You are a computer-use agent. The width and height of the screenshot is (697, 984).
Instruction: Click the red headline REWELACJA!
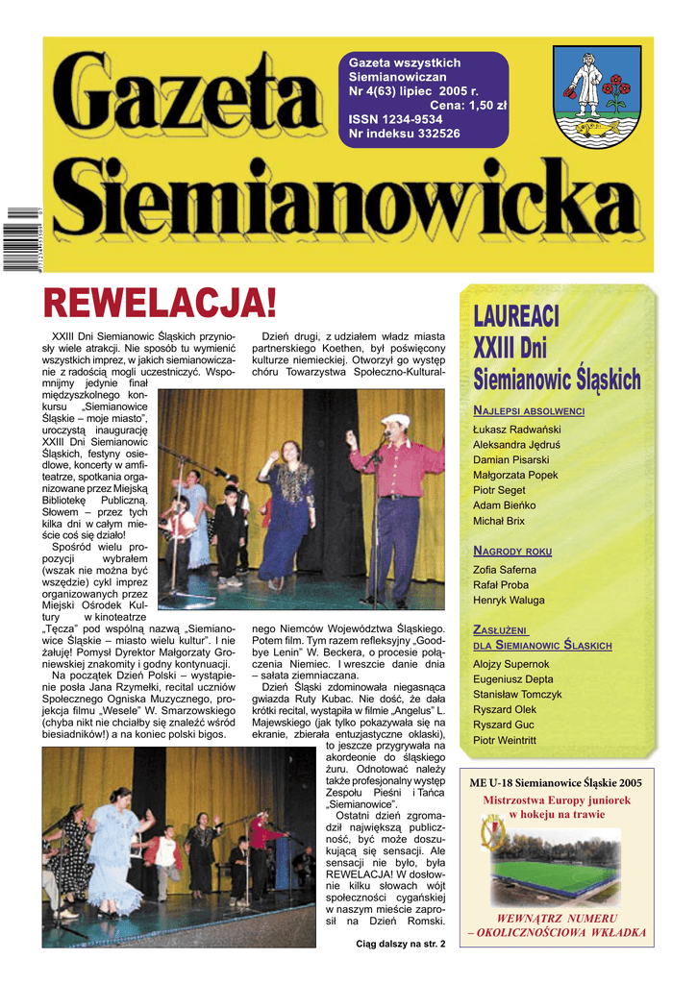(x=161, y=304)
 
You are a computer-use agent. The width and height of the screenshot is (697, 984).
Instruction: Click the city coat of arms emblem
(x=597, y=95)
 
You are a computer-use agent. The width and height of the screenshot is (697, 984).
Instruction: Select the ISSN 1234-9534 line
(x=395, y=119)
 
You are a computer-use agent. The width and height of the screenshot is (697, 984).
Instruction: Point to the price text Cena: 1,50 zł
(x=468, y=105)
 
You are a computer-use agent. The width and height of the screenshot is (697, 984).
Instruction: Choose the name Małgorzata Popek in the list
(x=515, y=475)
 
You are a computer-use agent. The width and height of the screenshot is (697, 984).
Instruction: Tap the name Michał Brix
(x=499, y=521)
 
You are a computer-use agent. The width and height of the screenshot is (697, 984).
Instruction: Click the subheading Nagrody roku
(x=512, y=551)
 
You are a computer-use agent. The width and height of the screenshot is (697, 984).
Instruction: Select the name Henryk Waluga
(x=509, y=601)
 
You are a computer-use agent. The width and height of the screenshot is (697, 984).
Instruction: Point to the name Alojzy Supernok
(x=511, y=664)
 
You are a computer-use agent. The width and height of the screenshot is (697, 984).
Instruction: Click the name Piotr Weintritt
(x=505, y=740)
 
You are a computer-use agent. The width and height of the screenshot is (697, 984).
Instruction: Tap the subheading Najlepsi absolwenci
(x=529, y=410)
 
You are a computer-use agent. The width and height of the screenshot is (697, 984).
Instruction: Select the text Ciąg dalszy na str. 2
(x=400, y=945)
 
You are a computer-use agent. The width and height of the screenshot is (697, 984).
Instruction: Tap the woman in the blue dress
(x=286, y=509)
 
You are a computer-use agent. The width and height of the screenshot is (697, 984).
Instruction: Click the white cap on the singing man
(x=394, y=420)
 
